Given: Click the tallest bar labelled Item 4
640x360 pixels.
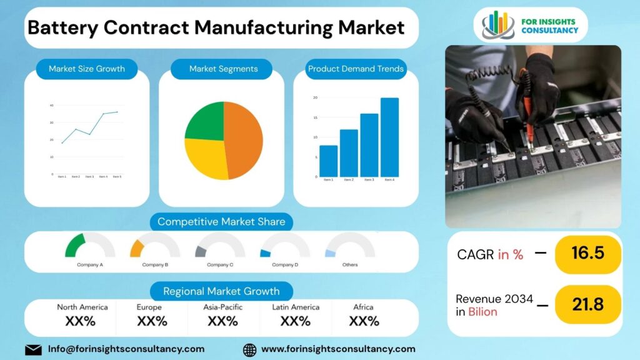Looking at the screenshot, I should point(389,137).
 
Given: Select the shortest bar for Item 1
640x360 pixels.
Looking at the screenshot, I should point(328,161).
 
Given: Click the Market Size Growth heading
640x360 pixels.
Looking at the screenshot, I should point(87,69).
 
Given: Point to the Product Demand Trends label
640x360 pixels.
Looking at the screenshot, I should point(356,69).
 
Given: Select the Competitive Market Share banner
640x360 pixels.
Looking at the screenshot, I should point(221,222).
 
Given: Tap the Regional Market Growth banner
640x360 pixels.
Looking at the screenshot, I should point(221,291).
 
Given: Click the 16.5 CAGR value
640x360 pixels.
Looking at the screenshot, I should point(587,253).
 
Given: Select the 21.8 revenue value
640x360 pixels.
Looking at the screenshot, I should point(587,304).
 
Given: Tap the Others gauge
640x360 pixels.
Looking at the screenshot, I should point(350,246).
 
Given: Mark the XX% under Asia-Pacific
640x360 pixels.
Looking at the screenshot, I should point(222,321).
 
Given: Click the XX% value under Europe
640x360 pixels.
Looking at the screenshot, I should point(152,321).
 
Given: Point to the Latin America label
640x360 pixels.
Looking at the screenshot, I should point(296,307).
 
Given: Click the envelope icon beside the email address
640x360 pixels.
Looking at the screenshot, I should point(33,349).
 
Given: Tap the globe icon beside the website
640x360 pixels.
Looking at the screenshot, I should point(249,349).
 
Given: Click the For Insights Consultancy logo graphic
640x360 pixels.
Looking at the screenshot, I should point(498,24).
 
